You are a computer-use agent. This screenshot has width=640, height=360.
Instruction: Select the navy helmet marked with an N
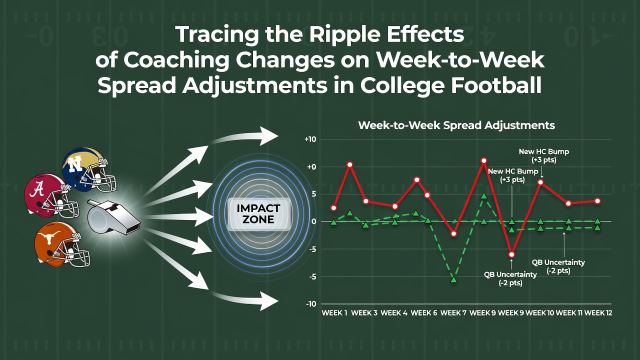(x=88, y=169)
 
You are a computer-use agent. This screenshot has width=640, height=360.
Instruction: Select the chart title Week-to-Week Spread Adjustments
(x=456, y=125)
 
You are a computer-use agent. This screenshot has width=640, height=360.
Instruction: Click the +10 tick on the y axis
(x=310, y=139)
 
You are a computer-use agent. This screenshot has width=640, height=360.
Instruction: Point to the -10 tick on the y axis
(x=311, y=304)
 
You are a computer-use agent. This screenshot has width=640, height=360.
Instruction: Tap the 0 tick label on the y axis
(x=314, y=221)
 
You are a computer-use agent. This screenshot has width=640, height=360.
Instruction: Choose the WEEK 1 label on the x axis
(x=334, y=313)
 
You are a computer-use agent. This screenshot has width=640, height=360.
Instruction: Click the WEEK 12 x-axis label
(x=598, y=313)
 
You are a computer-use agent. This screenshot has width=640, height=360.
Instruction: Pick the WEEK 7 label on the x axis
(x=453, y=313)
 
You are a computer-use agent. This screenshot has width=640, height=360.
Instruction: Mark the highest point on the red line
(x=483, y=160)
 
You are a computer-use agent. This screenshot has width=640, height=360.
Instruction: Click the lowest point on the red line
(x=511, y=254)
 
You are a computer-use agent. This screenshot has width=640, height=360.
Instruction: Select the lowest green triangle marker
(x=453, y=279)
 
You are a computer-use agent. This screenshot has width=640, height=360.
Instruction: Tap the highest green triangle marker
(x=483, y=196)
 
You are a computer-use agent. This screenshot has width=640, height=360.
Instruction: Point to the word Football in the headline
(x=496, y=85)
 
